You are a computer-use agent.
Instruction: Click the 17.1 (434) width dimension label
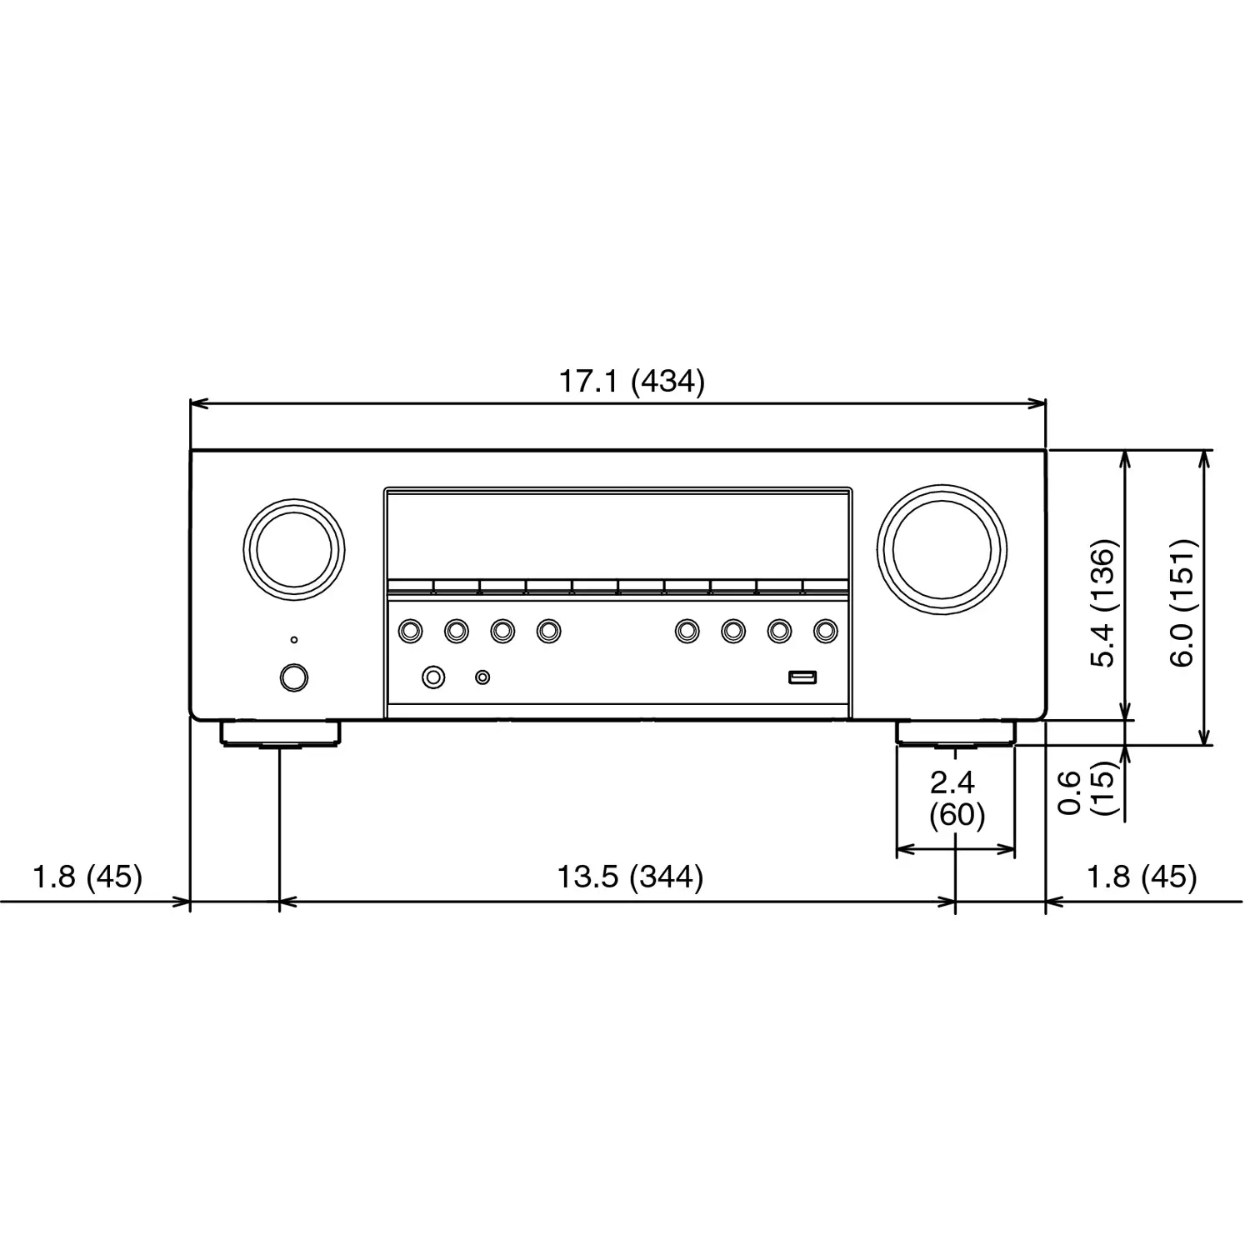coord(631,382)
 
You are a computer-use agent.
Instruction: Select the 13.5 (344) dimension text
coord(629,877)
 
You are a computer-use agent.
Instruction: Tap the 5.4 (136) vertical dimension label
coord(1102,603)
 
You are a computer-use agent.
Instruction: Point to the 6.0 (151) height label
coord(1182,603)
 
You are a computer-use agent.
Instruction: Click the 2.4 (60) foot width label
coord(955,798)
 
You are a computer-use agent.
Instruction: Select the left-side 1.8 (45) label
coord(87,877)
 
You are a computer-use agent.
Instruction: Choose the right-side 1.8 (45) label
coord(1141,877)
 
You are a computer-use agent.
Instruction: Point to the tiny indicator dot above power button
coord(293,640)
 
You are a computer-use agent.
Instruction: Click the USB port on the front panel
coord(802,677)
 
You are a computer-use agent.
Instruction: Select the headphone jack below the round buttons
coord(433,677)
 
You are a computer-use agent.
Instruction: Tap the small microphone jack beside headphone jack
coord(482,677)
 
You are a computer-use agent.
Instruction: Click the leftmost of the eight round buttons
coord(410,631)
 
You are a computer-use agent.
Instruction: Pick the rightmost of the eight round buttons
coord(825,631)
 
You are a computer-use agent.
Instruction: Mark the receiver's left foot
coord(281,733)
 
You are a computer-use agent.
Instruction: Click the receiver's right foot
coord(956,733)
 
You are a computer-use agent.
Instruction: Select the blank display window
coord(617,533)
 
